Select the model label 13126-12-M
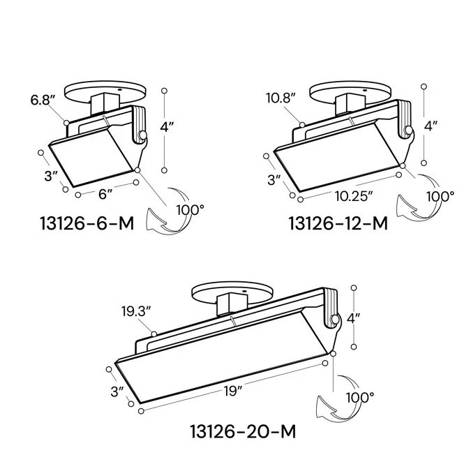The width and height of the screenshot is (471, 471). pyautogui.click(x=338, y=223)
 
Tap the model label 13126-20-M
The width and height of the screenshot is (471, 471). pyautogui.click(x=243, y=432)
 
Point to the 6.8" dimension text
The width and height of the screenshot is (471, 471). pyautogui.click(x=42, y=100)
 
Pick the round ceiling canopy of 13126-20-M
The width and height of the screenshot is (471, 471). pyautogui.click(x=230, y=292)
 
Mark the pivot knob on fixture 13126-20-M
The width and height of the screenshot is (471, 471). pyautogui.click(x=335, y=320)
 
